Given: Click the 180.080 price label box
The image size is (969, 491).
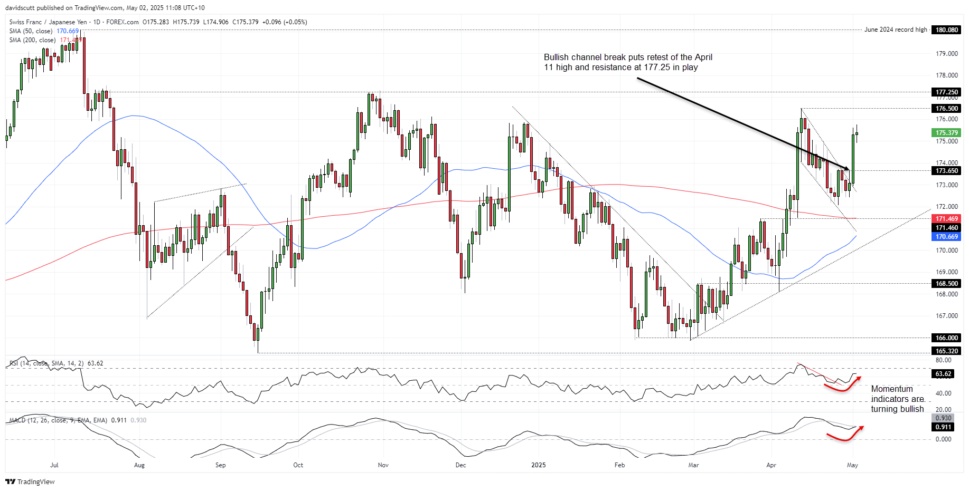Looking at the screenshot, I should click(x=946, y=30).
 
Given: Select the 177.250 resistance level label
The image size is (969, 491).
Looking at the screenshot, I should click(x=946, y=92).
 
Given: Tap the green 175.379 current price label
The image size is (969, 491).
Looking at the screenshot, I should click(x=946, y=133).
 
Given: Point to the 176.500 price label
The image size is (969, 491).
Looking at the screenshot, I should click(x=946, y=109).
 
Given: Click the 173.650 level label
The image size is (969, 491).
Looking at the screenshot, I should click(x=946, y=171).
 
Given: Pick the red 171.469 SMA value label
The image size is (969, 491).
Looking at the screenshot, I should click(x=946, y=219).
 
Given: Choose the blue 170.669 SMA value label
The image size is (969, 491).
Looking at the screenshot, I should click(x=946, y=237).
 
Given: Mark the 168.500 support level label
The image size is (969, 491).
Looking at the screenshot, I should click(x=946, y=284).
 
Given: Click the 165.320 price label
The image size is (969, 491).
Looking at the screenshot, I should click(x=946, y=351).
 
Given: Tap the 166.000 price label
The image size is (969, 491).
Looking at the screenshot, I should click(x=946, y=338).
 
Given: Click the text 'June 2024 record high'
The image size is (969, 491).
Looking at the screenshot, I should click(x=896, y=30).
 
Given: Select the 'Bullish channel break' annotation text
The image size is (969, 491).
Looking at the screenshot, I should click(x=628, y=62).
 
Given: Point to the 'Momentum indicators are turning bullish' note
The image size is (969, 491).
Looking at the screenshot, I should click(x=897, y=399).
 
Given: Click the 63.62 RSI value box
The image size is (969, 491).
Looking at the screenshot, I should click(x=943, y=374).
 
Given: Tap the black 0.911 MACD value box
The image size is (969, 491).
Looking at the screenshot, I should click(x=943, y=427).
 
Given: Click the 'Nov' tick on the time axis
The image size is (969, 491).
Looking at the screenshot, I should click(x=383, y=465).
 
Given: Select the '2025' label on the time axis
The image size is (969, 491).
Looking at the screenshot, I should click(x=538, y=465).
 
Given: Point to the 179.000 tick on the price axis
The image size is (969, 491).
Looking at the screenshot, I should click(x=946, y=54).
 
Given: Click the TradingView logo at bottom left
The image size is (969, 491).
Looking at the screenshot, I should click(x=30, y=482).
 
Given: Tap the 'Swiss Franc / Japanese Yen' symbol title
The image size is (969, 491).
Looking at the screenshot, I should click(x=48, y=22).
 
